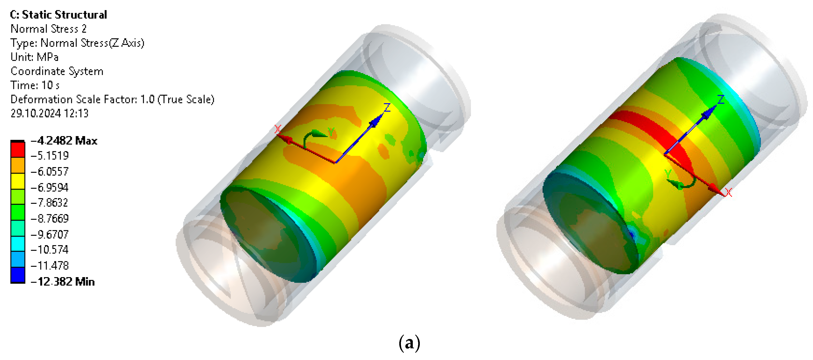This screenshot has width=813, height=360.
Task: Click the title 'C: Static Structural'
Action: coord(58,14)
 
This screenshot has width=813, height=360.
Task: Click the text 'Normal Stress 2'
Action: coord(49,29)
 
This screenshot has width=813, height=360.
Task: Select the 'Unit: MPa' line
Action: coord(34,57)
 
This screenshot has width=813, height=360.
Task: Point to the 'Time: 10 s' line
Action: coord(35,85)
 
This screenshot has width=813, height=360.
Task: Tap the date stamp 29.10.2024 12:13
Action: coord(49,113)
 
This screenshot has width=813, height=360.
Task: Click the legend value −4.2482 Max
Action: coord(64,140)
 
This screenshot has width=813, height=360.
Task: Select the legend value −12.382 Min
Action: coord(63,281)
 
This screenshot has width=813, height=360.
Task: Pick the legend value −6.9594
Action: coord(49,187)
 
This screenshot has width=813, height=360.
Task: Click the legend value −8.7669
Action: coord(49,218)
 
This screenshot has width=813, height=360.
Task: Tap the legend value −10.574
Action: coord(49,250)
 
